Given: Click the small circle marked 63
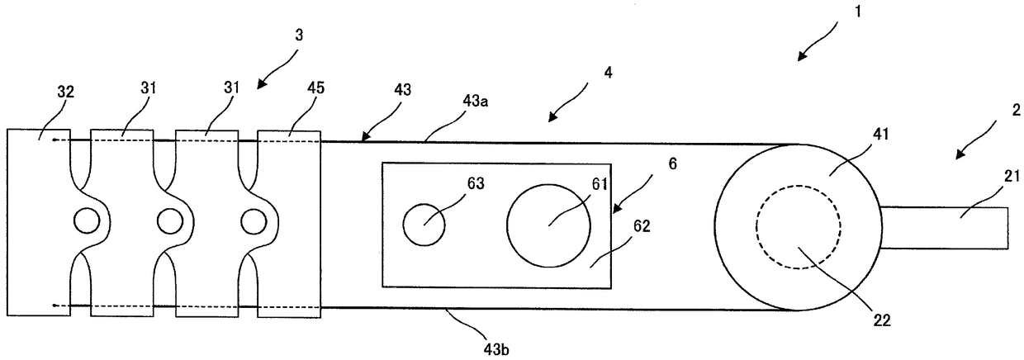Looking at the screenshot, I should (x=424, y=223).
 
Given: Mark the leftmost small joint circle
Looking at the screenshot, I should (x=86, y=220).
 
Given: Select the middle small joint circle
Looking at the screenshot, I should (x=169, y=220).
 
